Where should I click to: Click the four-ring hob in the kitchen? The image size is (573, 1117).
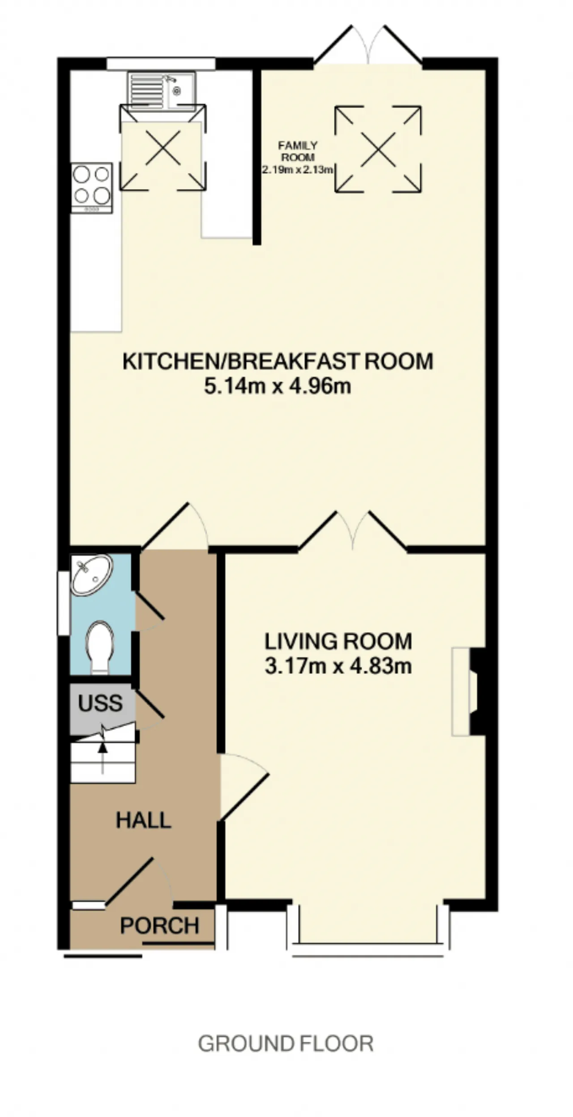[92, 188]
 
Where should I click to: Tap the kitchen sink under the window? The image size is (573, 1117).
[162, 90]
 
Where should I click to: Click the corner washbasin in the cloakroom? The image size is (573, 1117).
[92, 575]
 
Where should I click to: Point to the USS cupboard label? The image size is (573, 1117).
[100, 703]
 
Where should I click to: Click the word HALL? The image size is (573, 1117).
[144, 820]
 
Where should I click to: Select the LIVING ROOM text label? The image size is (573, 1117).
[338, 641]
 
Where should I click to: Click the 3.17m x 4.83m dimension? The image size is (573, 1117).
[338, 666]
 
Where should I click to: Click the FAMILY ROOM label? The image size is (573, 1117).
[298, 151]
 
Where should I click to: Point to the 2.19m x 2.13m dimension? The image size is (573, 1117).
[298, 170]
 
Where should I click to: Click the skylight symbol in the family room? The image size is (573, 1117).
[378, 149]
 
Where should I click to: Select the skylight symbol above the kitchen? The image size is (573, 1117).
[163, 148]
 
